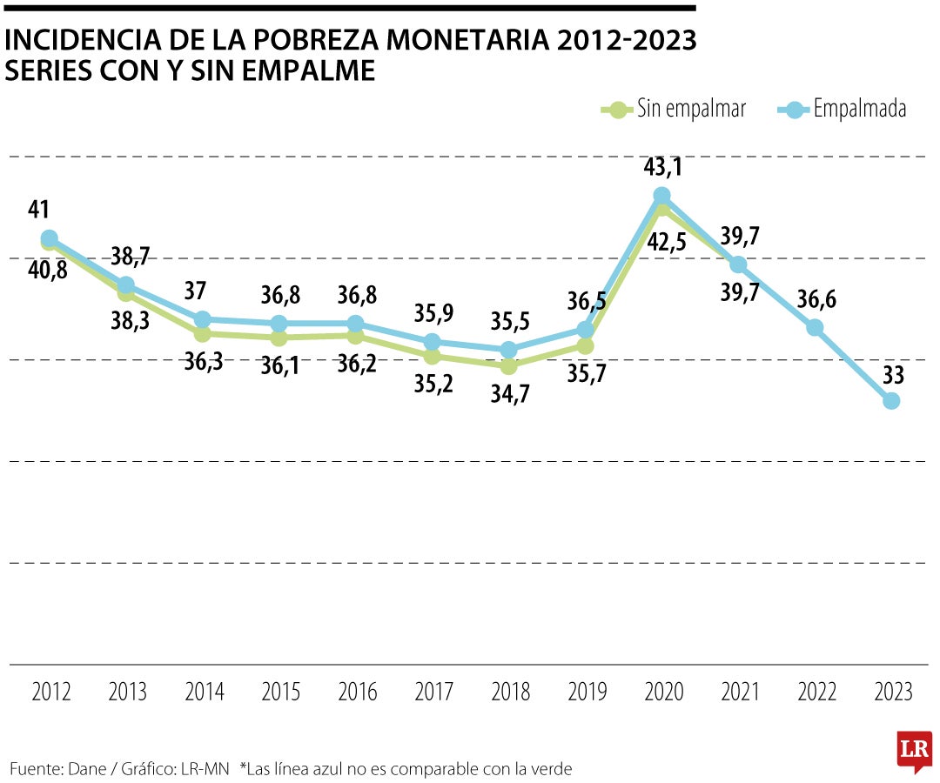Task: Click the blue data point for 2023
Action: [x=891, y=400]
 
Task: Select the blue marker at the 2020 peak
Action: [x=661, y=196]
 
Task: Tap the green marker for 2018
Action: [x=509, y=366]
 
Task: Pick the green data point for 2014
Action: [x=203, y=334]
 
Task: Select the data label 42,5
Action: [x=667, y=242]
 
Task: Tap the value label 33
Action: [x=892, y=375]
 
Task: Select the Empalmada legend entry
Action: [x=843, y=110]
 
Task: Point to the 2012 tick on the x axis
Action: [x=50, y=693]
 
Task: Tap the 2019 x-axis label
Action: [x=587, y=693]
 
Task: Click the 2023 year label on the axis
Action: [x=892, y=693]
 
